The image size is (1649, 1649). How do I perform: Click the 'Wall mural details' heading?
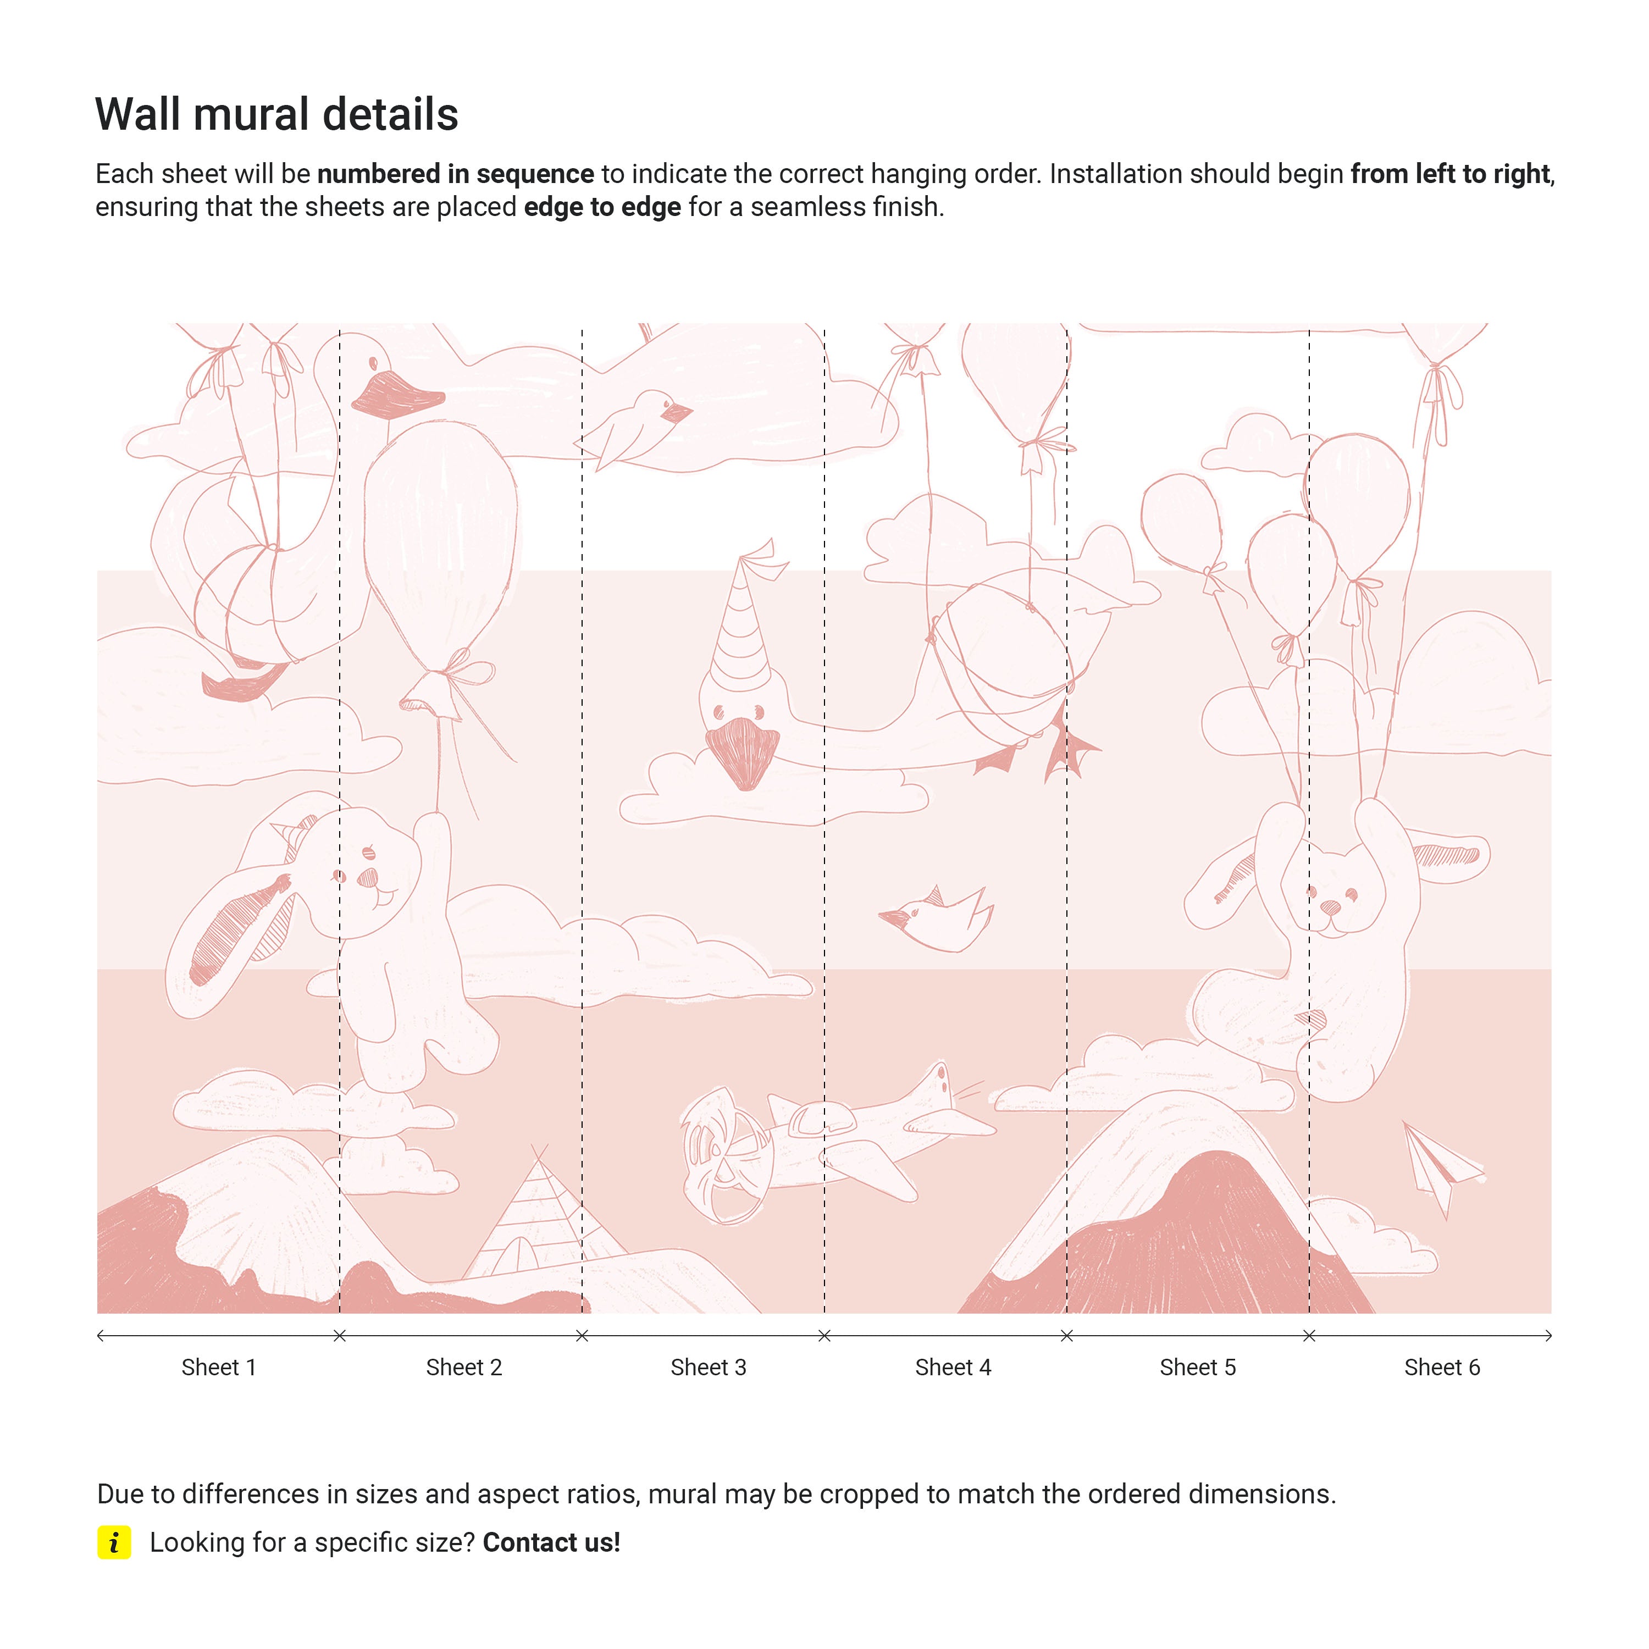click(x=276, y=114)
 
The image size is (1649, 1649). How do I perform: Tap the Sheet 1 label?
click(x=219, y=1368)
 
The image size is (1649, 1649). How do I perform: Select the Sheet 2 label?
click(x=463, y=1368)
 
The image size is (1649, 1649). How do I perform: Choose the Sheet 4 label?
click(x=953, y=1368)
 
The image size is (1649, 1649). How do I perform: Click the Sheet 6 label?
click(x=1442, y=1368)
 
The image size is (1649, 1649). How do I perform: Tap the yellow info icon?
click(x=114, y=1542)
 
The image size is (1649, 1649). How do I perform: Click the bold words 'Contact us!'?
click(x=551, y=1542)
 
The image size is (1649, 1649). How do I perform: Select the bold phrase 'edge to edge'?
click(x=602, y=207)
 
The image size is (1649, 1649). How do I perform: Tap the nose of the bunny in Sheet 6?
click(x=1330, y=906)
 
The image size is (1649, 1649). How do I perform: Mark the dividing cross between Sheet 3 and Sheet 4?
click(x=824, y=1336)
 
